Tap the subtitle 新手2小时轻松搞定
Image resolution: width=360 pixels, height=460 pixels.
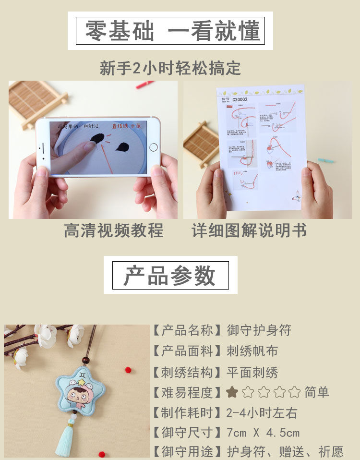pos(170,68)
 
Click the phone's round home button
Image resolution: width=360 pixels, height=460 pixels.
pos(153,147)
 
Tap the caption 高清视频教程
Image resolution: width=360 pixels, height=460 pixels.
pos(114,230)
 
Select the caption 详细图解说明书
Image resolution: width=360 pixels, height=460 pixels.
pos(249,230)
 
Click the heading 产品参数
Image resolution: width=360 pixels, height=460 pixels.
pos(170,275)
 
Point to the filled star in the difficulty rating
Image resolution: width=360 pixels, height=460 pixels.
pos(232,392)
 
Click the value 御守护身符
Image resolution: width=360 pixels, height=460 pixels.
pos(259,330)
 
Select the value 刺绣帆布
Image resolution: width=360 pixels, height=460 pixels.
pos(252,351)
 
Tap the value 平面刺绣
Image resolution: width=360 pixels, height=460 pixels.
pos(252,372)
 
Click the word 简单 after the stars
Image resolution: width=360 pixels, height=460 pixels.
pos(317,392)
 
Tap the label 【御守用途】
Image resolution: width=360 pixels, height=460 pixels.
pos(188,452)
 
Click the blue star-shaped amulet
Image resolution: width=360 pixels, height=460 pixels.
pos(79,388)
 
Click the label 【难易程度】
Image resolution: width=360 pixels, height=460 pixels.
pos(188,392)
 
